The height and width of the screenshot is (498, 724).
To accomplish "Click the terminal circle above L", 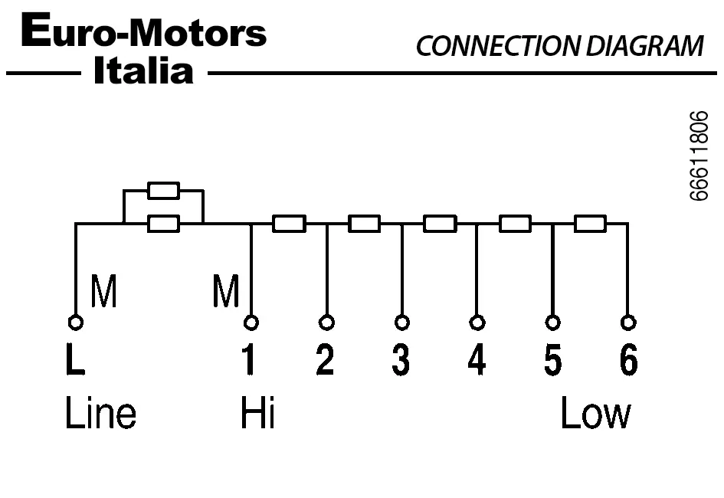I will tap(75, 322).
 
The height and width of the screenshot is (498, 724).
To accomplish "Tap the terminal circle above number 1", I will tap(251, 322).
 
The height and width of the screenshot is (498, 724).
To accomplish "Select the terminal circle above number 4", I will tap(477, 322).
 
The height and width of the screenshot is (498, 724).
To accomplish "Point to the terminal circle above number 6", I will tap(628, 322).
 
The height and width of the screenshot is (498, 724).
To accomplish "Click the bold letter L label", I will tap(75, 361).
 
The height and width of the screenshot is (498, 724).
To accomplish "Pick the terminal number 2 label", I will tap(326, 361).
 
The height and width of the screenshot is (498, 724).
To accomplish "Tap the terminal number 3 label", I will tap(401, 361).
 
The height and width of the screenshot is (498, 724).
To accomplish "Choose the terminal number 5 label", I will tap(552, 361).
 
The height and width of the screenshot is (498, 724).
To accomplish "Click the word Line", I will tap(100, 414).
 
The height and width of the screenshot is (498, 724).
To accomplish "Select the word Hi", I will tap(257, 414).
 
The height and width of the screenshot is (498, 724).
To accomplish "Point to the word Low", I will tap(596, 414).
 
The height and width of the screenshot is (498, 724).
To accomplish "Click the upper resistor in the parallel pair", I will tap(163, 191).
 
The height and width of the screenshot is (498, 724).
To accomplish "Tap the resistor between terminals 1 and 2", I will tap(289, 224).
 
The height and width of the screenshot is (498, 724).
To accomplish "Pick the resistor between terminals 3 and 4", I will tap(440, 224).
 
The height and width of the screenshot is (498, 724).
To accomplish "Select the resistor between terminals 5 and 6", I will tap(590, 224).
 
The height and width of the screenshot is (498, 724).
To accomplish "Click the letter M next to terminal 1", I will tap(226, 292).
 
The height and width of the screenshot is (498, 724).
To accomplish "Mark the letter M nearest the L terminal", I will tap(104, 292).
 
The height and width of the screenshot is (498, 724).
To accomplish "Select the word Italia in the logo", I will tap(143, 71).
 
